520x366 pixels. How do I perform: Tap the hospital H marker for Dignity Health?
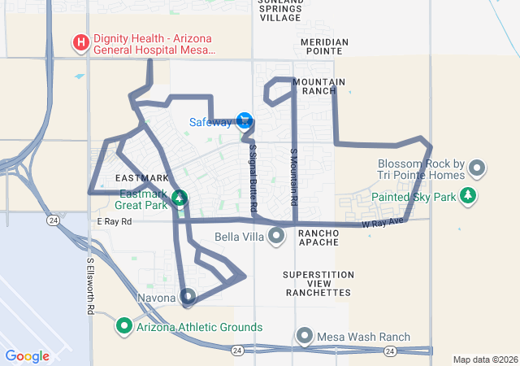tap(81, 41)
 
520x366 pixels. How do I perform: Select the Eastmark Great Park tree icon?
tap(180, 198)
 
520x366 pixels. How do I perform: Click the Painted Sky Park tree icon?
tap(467, 196)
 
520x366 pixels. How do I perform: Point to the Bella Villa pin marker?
tap(277, 237)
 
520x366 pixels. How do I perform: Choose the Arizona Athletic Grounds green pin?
tap(125, 327)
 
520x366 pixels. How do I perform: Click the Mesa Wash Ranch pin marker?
tap(305, 336)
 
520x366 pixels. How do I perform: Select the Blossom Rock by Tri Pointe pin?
tap(477, 169)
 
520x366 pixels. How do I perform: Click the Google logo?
tap(28, 355)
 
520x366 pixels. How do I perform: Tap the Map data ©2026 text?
tap(484, 359)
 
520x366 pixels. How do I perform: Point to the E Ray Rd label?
tap(114, 220)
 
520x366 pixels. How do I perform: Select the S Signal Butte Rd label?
tap(253, 179)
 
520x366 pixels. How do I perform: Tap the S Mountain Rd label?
tap(294, 176)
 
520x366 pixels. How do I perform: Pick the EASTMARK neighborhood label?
tap(142, 177)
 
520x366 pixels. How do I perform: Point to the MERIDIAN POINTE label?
tap(323, 47)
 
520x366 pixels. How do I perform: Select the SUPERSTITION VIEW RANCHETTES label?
tap(318, 283)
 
